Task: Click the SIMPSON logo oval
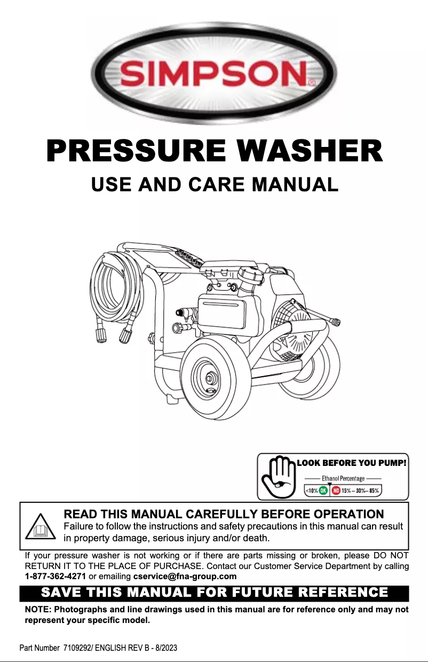[214, 72]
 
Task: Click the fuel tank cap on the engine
[251, 278]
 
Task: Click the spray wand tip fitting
[335, 322]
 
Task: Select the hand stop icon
[278, 476]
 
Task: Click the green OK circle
[323, 490]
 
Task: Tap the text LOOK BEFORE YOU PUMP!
[352, 462]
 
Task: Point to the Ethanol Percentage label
[343, 478]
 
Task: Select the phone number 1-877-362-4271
[56, 576]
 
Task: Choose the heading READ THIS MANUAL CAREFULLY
[223, 515]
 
